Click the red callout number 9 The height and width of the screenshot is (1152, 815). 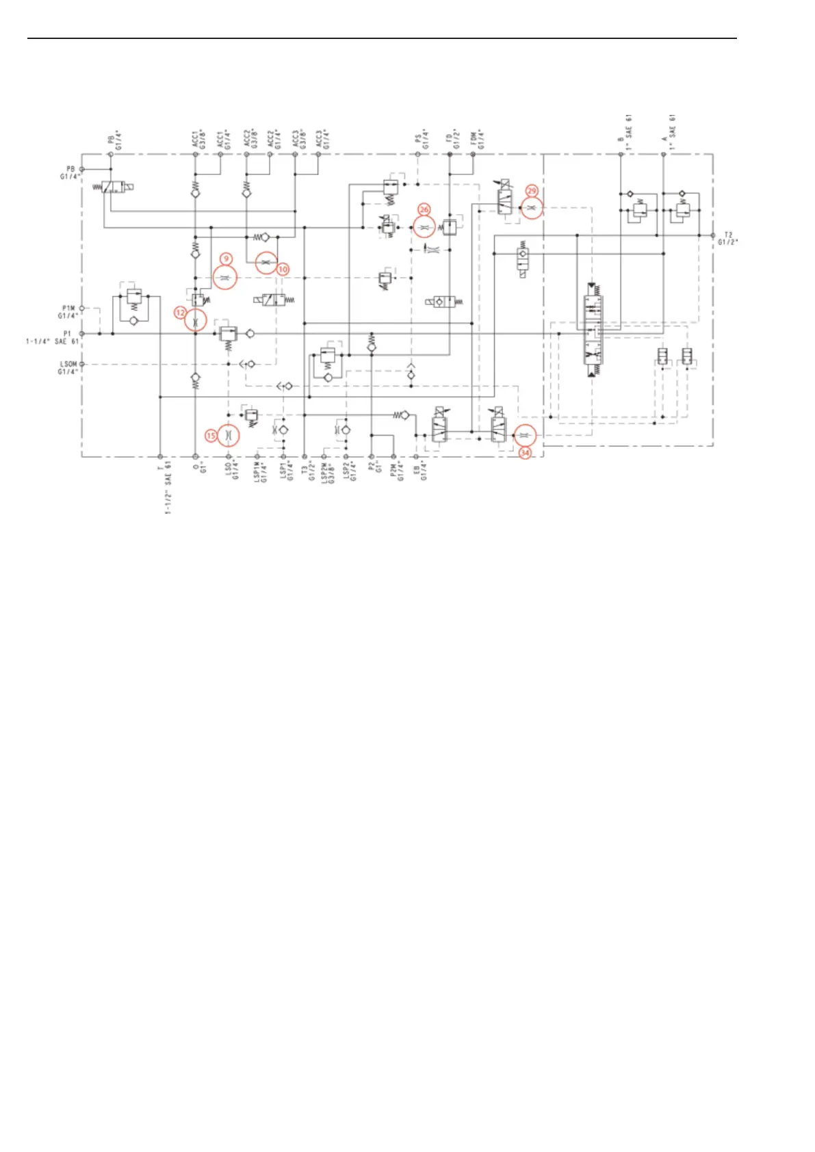coord(226,259)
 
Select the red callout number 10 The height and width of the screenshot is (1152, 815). coord(283,270)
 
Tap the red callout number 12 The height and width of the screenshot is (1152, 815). coord(180,313)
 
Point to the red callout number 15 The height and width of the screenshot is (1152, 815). coord(211,436)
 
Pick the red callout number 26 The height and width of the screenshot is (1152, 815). coord(424,210)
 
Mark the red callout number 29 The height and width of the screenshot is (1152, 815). coord(532,191)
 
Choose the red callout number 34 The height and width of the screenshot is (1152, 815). coord(525,453)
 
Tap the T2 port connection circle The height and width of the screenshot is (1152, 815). coord(713,235)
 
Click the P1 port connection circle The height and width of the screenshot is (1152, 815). coord(82,334)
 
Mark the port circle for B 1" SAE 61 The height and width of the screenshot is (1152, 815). coord(621,155)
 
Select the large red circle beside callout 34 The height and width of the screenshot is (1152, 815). coord(525,435)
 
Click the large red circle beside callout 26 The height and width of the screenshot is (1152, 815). coord(424,227)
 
